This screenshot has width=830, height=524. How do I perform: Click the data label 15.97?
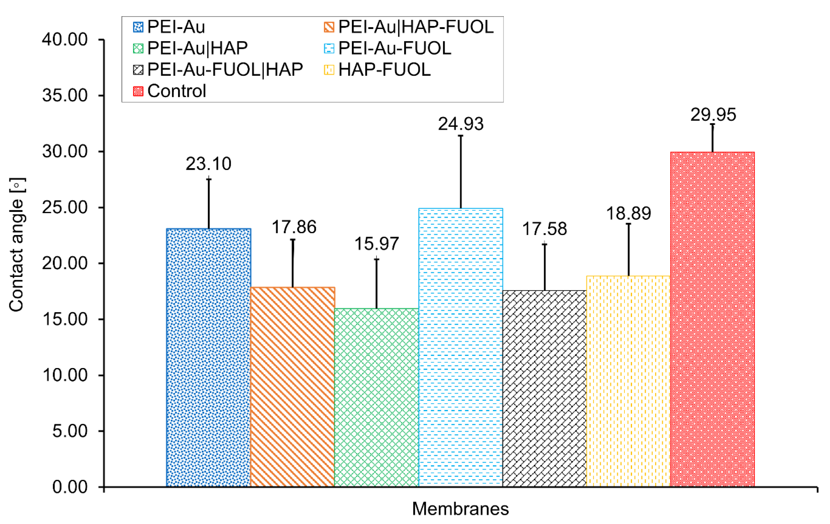tap(376, 244)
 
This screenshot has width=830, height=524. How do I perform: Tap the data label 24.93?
tap(461, 124)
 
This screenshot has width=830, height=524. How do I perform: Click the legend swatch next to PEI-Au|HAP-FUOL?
tap(329, 27)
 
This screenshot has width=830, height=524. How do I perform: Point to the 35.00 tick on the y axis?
tap(65, 95)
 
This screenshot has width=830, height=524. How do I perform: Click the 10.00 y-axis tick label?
tap(65, 375)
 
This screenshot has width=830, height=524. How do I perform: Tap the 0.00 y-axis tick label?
tap(70, 487)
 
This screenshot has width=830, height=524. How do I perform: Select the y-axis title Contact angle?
tap(16, 245)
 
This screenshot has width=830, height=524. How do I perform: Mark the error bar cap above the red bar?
tap(712, 124)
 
